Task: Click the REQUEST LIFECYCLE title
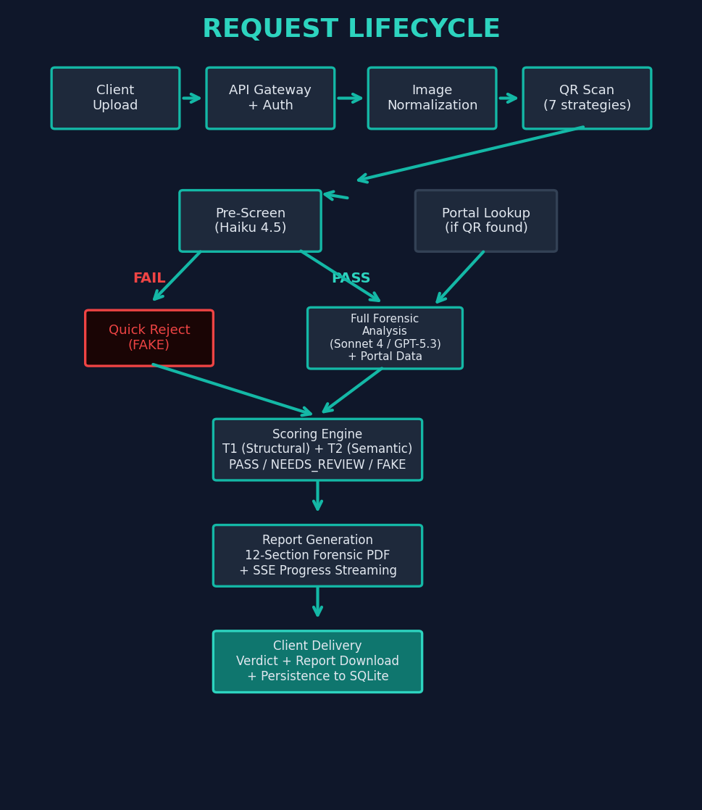pyautogui.click(x=351, y=30)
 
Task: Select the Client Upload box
pyautogui.click(x=115, y=99)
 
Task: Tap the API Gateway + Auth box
pyautogui.click(x=270, y=99)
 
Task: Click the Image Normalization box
pyautogui.click(x=432, y=99)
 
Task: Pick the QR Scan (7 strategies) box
pyautogui.click(x=587, y=99)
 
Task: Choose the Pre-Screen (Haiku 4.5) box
pyautogui.click(x=250, y=221)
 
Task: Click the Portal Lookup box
pyautogui.click(x=485, y=221)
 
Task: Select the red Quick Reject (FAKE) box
pyautogui.click(x=149, y=338)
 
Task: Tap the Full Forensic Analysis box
pyautogui.click(x=385, y=338)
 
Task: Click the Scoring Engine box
pyautogui.click(x=317, y=450)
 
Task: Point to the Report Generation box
pyautogui.click(x=317, y=556)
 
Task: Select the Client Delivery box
pyautogui.click(x=317, y=661)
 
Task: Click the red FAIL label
pyautogui.click(x=149, y=279)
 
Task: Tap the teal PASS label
pyautogui.click(x=351, y=279)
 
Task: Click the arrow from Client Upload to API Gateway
pyautogui.click(x=192, y=99)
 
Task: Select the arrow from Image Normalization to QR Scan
pyautogui.click(x=509, y=99)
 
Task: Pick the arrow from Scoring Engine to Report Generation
pyautogui.click(x=317, y=496)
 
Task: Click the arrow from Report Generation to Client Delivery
pyautogui.click(x=317, y=602)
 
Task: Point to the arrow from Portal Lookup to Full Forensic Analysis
pyautogui.click(x=461, y=277)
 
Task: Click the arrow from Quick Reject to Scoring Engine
pyautogui.click(x=232, y=389)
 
